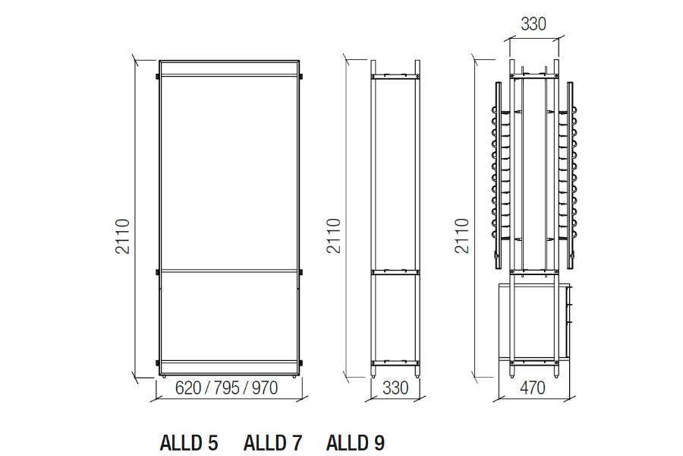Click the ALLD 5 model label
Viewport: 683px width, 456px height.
pos(189,442)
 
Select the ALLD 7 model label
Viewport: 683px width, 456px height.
pos(272,442)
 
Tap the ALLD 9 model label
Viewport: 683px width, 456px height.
pos(355,442)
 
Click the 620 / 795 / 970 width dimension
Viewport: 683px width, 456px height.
pos(226,388)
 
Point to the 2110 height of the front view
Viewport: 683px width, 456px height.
pos(123,236)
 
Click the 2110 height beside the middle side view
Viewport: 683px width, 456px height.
pos(334,236)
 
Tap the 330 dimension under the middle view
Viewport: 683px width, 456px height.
pos(395,388)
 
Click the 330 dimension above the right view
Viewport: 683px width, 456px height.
pos(533,24)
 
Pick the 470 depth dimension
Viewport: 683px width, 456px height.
pos(532,388)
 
